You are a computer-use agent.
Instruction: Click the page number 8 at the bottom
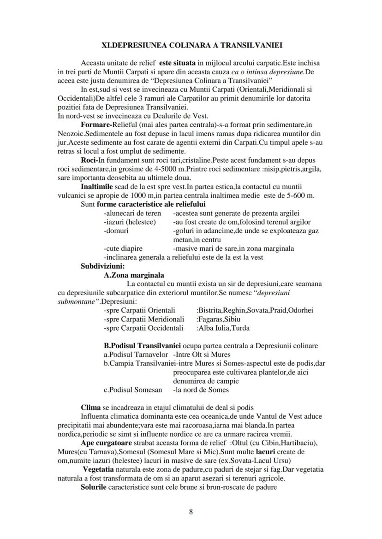[191, 512]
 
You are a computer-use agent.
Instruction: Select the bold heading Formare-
[97, 125]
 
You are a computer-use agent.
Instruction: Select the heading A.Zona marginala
[134, 275]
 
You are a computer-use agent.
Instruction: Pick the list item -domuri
[116, 231]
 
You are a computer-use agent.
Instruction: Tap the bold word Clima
[90, 408]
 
